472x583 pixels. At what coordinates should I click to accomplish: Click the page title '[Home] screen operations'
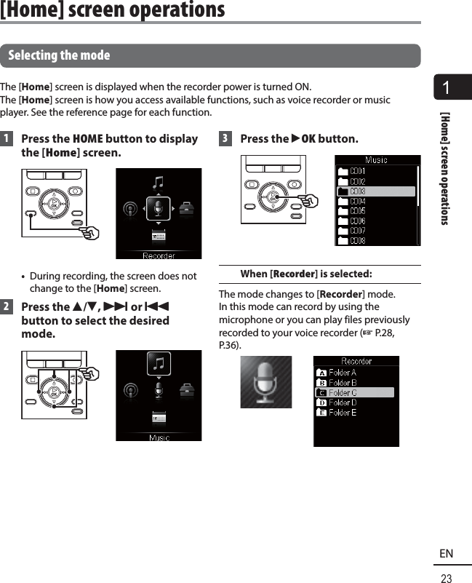tap(113, 10)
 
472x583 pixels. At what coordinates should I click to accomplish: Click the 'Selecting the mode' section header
tap(59, 55)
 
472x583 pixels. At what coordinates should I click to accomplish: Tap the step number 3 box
tap(225, 139)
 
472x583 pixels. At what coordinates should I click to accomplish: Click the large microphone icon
tap(265, 382)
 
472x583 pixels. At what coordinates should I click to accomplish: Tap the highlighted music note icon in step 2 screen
tap(159, 362)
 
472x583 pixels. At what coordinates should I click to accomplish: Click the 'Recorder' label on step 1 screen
tap(159, 255)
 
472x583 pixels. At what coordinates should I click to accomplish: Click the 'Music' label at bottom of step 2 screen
tap(159, 437)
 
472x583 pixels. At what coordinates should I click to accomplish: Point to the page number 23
tap(446, 579)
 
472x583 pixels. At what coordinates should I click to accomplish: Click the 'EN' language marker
tap(446, 554)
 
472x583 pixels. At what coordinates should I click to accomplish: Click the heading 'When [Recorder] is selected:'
tap(306, 274)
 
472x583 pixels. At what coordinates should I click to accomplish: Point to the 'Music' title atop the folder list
tap(377, 160)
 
